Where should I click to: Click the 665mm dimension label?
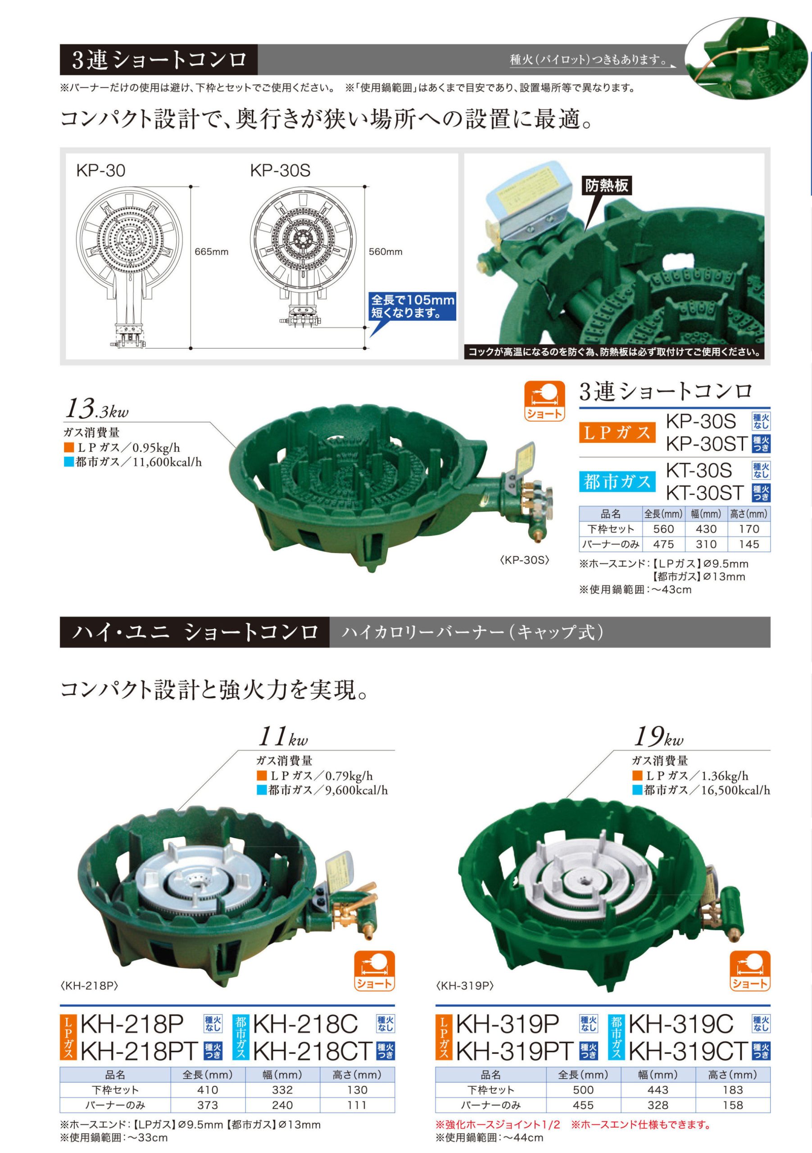[211, 252]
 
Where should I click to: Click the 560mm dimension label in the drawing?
[386, 252]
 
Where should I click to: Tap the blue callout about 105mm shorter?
[412, 306]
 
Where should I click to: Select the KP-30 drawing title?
[100, 171]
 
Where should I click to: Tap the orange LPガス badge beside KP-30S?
[617, 432]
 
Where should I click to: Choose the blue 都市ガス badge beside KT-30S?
[617, 481]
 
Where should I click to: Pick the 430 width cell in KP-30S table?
[706, 529]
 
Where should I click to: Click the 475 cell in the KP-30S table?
[663, 544]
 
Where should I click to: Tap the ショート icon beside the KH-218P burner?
[375, 971]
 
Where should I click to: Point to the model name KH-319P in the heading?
[507, 1023]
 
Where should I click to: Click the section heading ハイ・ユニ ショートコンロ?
[195, 632]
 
